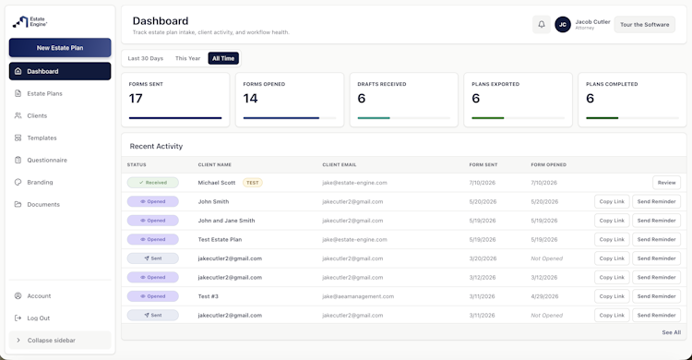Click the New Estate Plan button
(x=60, y=48)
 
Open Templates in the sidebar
(x=42, y=138)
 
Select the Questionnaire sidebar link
(x=47, y=160)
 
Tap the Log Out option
(x=39, y=318)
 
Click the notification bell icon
(x=542, y=25)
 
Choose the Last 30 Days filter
(x=146, y=58)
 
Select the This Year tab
(x=187, y=58)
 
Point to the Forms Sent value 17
(x=136, y=99)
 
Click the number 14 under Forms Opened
(x=250, y=99)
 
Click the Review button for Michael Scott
(x=666, y=183)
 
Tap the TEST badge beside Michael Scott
(x=253, y=183)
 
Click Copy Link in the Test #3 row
(x=612, y=296)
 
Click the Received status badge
(x=152, y=183)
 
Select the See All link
(x=672, y=332)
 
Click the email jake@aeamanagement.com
(x=358, y=296)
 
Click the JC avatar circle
(x=563, y=25)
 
